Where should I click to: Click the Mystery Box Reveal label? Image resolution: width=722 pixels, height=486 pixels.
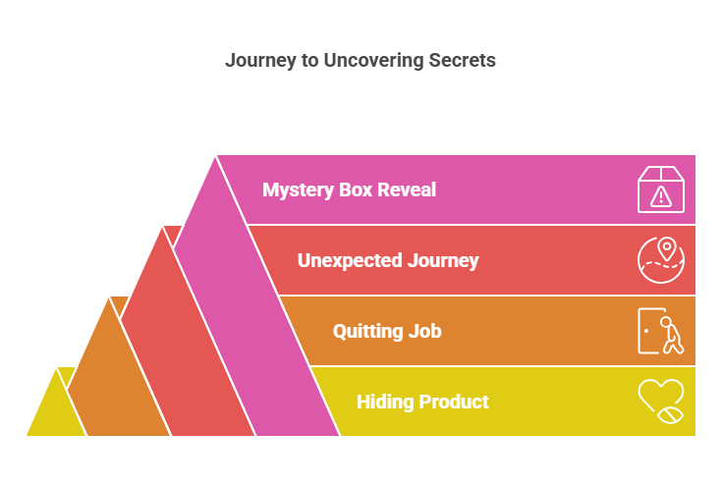[x=349, y=189]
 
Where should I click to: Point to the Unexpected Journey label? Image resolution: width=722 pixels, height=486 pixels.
[x=388, y=260]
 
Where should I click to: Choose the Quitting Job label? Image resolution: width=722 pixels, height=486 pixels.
[x=387, y=331]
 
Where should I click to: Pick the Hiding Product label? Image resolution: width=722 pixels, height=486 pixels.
[x=422, y=402]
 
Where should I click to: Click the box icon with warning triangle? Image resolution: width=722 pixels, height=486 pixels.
[x=661, y=189]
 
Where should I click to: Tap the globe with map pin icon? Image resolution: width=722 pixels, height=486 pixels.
[x=661, y=260]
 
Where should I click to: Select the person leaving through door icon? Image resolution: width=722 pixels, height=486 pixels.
[x=661, y=332]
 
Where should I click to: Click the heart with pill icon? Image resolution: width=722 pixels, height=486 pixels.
[x=661, y=402]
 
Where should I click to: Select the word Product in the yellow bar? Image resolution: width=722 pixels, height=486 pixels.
[x=454, y=402]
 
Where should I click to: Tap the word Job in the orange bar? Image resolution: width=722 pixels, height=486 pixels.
[x=423, y=331]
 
